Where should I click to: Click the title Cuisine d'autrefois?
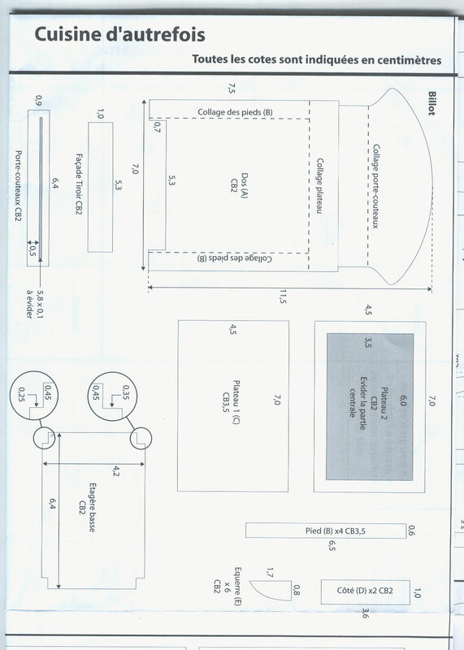coord(119,34)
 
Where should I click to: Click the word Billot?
coord(431,104)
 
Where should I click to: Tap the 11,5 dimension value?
coord(282,297)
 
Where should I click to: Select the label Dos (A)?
coord(245,186)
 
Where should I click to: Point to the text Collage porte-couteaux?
coord(375,186)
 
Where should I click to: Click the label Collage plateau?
coord(319,186)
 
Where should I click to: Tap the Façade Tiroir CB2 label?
coord(79,184)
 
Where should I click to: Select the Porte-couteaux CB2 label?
coord(18,185)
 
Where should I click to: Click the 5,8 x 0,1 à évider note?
coord(34,304)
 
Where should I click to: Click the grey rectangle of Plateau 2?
coord(370,407)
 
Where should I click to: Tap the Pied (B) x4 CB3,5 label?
coord(336,531)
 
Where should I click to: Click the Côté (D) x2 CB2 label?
coord(365,591)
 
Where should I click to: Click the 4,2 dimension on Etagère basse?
coord(116,471)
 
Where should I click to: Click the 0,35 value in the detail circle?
coord(126,392)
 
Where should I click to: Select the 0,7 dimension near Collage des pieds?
coord(157,128)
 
